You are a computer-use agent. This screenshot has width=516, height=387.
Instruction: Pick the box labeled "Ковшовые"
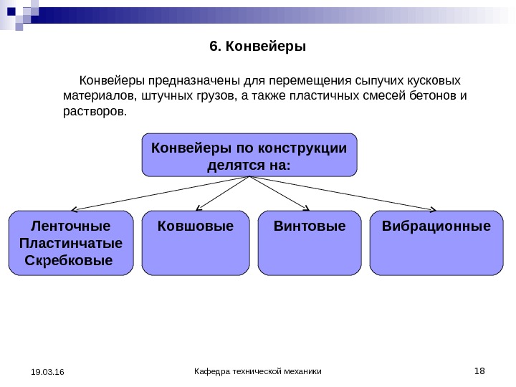196,242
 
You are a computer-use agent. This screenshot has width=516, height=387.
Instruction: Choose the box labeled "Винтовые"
310,242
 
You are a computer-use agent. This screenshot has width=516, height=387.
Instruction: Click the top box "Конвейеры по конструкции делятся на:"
249,154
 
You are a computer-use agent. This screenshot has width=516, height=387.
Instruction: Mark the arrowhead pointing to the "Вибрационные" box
433,209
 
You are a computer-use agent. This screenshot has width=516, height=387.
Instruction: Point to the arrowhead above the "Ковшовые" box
197,209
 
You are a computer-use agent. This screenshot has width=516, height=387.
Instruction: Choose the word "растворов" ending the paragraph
92,112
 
